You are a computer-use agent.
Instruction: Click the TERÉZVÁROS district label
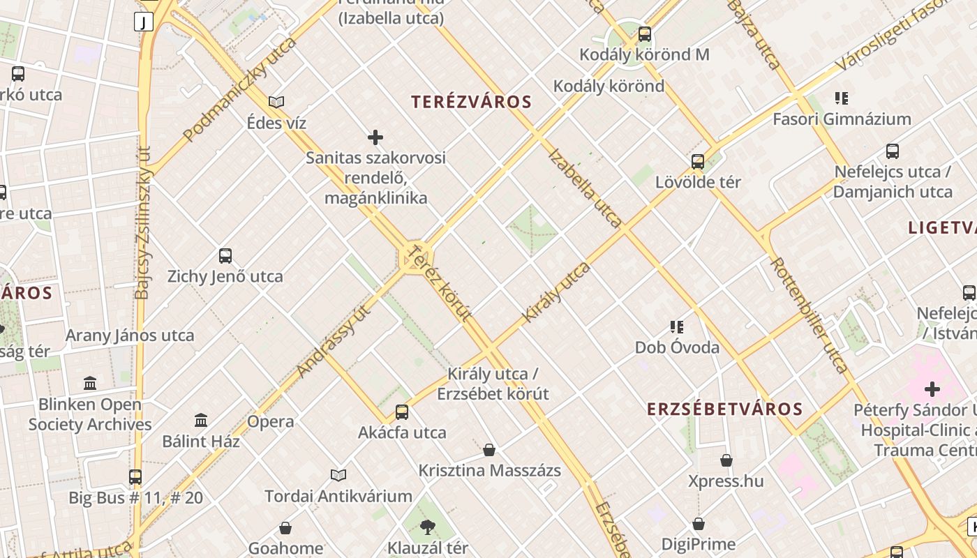(471, 102)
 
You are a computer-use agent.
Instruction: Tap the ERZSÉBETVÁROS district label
(724, 409)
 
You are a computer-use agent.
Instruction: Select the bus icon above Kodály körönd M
(645, 33)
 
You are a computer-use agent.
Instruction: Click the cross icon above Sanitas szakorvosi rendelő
(375, 137)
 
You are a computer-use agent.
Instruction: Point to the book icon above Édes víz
(276, 102)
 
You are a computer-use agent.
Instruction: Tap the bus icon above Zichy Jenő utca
(225, 255)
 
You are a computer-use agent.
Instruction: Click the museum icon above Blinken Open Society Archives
(90, 383)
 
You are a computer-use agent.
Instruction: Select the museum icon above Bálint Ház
(201, 420)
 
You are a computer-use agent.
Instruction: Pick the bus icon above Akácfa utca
(401, 412)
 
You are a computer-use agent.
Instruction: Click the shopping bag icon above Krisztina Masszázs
(489, 450)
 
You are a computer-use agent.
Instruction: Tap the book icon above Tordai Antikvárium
(338, 475)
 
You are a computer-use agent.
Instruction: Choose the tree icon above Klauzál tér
(428, 527)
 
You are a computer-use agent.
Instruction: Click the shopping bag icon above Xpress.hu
(726, 460)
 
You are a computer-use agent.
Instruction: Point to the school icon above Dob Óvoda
(676, 326)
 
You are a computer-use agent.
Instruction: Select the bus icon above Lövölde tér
(697, 162)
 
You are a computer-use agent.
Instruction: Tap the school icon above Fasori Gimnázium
(842, 98)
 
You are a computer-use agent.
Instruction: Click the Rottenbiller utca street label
(810, 315)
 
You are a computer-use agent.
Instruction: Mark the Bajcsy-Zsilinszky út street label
(143, 223)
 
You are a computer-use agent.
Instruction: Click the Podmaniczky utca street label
(239, 90)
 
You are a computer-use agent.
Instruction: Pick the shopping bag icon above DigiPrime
(698, 524)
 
